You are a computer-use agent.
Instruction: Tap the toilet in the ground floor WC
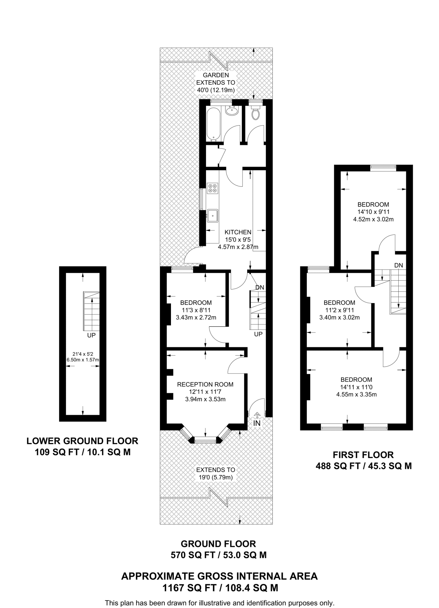(x=255, y=112)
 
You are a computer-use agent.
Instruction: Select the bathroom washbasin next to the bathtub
(x=232, y=110)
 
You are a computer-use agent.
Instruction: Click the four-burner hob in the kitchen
(x=213, y=188)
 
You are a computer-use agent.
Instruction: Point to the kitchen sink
(x=213, y=216)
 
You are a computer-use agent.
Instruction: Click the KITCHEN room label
(x=238, y=232)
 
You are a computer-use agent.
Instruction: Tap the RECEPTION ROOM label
(x=205, y=384)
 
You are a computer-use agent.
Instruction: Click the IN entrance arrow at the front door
(x=257, y=415)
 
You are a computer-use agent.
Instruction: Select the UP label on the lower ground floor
(x=91, y=335)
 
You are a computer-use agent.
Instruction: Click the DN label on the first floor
(x=399, y=265)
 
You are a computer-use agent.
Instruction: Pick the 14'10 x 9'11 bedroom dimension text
(x=373, y=212)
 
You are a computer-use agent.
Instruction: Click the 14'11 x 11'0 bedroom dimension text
(x=356, y=387)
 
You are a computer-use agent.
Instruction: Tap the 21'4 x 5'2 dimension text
(x=83, y=354)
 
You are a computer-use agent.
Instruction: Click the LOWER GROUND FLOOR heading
(x=83, y=441)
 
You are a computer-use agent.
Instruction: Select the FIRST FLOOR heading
(x=363, y=455)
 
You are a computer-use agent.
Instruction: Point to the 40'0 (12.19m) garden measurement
(x=216, y=90)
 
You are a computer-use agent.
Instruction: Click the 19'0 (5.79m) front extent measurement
(x=216, y=477)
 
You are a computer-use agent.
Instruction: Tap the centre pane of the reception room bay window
(x=205, y=440)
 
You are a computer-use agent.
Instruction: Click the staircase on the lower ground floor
(x=91, y=311)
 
